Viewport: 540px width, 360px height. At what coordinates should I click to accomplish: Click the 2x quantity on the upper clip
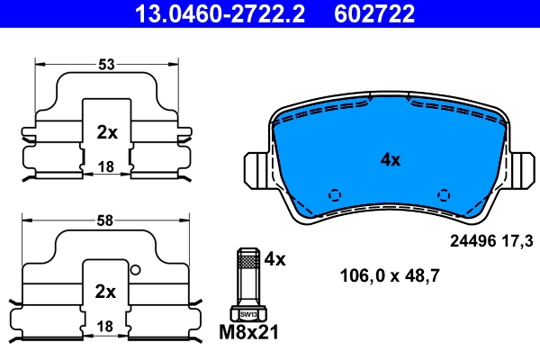coord(107,132)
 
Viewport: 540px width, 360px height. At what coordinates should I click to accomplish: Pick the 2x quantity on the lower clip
coord(107,292)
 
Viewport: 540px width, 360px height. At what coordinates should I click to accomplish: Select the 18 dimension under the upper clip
coord(107,166)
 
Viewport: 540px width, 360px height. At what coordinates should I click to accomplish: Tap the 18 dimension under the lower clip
coord(107,325)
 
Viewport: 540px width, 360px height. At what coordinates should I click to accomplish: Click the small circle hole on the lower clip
coord(135,270)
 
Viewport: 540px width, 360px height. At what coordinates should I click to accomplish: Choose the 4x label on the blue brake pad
coord(390,159)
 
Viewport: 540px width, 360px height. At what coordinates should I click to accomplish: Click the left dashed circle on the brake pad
coord(336,194)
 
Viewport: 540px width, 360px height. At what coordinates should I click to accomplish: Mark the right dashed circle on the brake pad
coord(442,194)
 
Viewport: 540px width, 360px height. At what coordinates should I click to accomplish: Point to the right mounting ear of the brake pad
coord(521,168)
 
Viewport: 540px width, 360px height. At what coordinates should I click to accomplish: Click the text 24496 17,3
coord(490,240)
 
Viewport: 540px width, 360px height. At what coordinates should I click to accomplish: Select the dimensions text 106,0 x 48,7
coord(389,276)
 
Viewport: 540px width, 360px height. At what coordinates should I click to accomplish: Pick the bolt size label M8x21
coord(249,333)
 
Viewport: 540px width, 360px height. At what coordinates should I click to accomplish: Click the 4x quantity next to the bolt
coord(274,259)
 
